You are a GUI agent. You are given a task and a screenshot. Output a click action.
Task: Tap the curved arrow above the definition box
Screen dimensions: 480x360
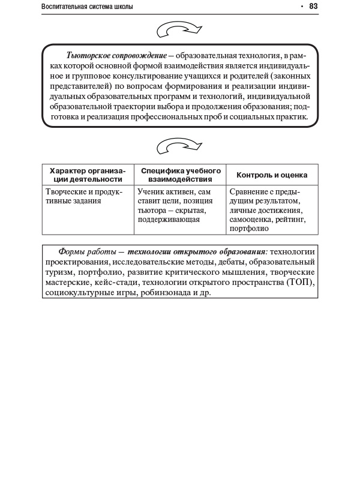click(x=179, y=29)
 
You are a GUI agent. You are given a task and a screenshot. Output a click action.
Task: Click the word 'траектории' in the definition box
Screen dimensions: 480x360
click(x=159, y=107)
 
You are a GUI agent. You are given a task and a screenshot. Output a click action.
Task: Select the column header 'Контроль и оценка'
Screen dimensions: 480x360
click(x=272, y=175)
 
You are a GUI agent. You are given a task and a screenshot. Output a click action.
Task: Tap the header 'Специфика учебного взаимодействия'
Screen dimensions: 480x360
click(x=181, y=175)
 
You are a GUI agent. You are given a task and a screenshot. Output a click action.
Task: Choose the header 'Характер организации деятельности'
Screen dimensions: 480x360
click(x=88, y=175)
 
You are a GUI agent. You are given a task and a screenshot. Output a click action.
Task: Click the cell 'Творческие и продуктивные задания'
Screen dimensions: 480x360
click(x=84, y=197)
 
